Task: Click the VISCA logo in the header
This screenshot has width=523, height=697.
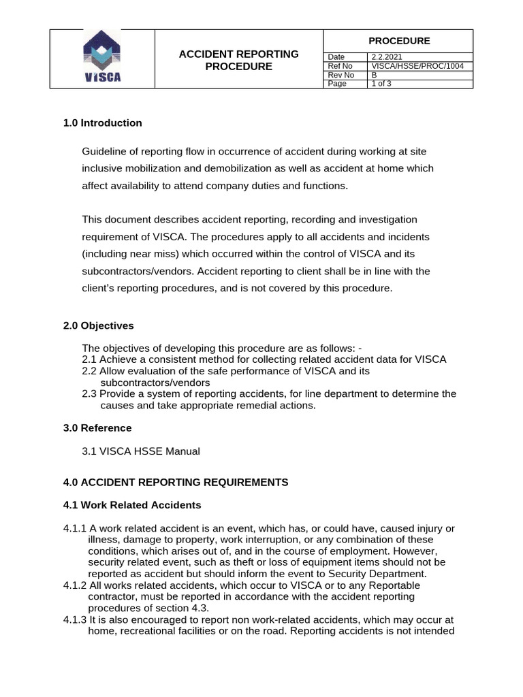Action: [102, 59]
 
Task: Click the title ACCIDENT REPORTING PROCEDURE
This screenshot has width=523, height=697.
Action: [238, 60]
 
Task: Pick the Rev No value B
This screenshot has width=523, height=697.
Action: [374, 75]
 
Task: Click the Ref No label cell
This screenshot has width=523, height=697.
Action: [340, 66]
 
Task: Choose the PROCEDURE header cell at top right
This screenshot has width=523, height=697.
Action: [398, 41]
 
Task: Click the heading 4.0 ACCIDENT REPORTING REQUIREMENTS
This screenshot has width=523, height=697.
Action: [176, 482]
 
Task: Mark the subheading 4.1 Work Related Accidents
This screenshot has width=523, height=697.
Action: [132, 505]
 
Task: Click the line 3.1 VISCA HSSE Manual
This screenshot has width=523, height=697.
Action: [141, 451]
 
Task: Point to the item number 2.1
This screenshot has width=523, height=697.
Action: [89, 359]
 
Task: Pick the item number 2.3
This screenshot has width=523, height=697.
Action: [89, 394]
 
